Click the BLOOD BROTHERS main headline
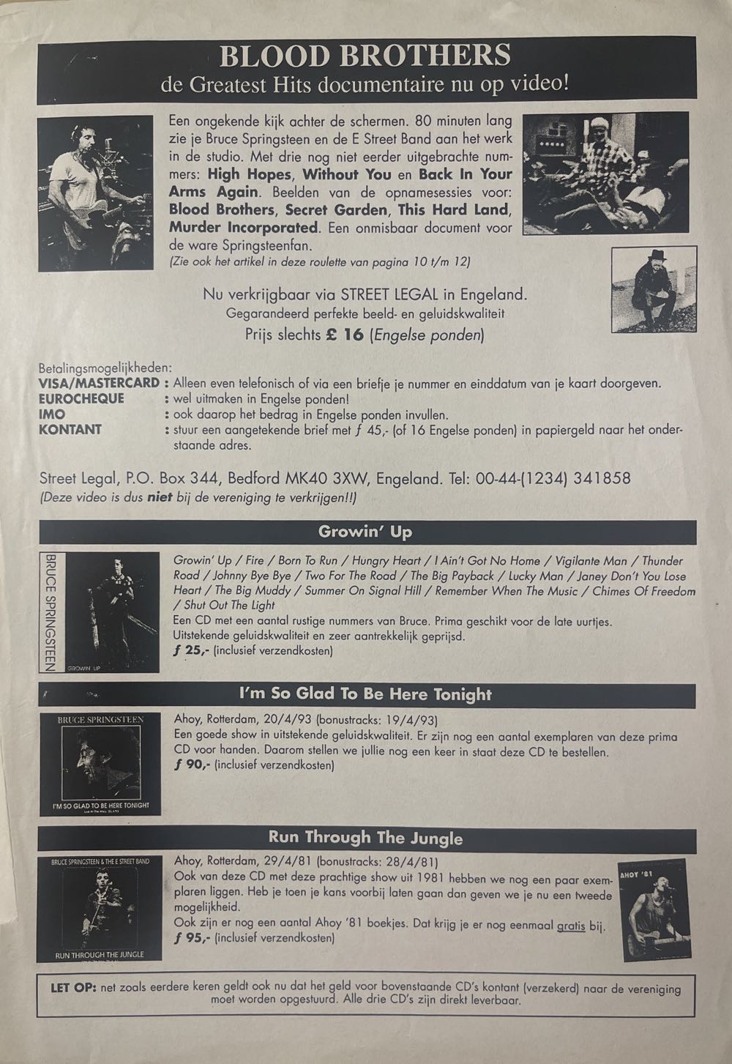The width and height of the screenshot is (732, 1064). click(x=365, y=56)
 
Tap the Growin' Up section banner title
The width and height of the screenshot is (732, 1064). click(x=365, y=532)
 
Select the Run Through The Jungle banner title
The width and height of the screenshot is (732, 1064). click(x=365, y=837)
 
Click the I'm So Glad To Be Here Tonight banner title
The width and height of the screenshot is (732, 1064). click(x=365, y=694)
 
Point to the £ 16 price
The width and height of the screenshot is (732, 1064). click(x=345, y=335)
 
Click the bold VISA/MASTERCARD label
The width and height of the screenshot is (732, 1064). click(x=100, y=383)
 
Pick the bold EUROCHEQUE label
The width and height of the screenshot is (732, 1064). click(x=81, y=398)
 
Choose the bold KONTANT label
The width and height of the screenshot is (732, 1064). click(x=70, y=429)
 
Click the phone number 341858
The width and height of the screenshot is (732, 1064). click(x=602, y=478)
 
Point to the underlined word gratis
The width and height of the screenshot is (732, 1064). click(x=571, y=925)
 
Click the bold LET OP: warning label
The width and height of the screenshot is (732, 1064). click(x=74, y=988)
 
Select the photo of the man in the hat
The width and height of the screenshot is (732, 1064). click(x=654, y=289)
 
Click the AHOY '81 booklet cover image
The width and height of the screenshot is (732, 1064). click(x=653, y=909)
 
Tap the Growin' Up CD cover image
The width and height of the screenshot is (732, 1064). click(x=100, y=612)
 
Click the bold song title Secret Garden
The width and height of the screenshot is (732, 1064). click(x=338, y=209)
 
